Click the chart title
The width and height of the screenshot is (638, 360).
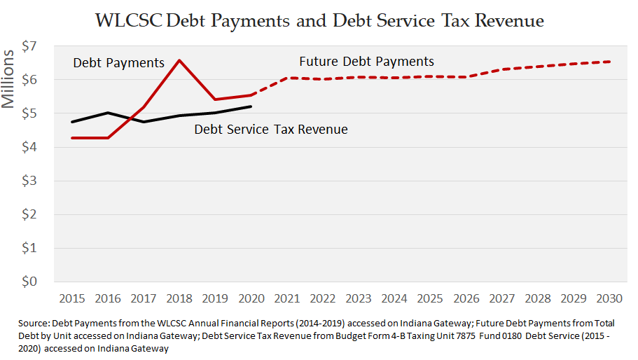pos(319,20)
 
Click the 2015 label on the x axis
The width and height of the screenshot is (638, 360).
pos(73,298)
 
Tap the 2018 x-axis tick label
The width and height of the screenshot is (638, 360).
pos(180,298)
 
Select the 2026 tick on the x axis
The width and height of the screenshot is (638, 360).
pos(466,298)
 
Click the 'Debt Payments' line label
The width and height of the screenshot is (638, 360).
pos(118,64)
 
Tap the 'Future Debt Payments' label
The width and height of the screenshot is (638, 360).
pos(366,62)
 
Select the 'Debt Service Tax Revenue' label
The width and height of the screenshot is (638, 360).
pos(270,130)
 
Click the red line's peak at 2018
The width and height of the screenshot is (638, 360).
pos(180,60)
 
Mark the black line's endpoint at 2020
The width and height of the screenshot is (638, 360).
pos(251,106)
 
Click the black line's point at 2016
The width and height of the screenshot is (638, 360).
pos(109,113)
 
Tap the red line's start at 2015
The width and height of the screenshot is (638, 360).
pos(73,138)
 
